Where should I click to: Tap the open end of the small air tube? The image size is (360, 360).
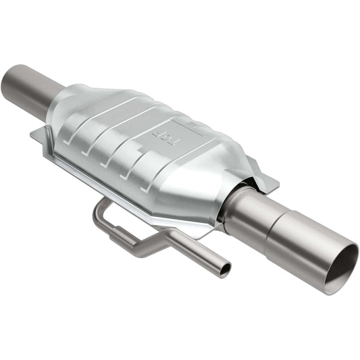[224, 269]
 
